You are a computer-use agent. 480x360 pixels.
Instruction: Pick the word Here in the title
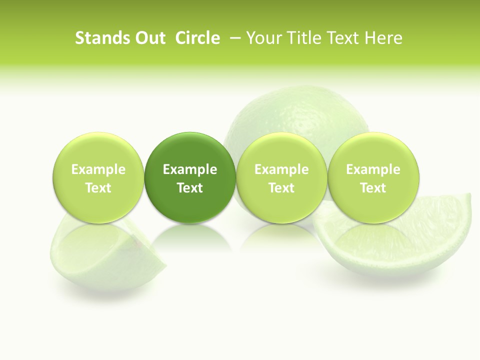click(383, 38)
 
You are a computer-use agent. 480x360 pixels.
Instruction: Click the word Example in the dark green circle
click(190, 169)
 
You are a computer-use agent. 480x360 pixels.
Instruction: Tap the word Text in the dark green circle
click(190, 188)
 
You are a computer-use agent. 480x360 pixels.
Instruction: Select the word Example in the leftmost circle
click(98, 169)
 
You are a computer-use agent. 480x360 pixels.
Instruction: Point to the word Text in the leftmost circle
click(98, 188)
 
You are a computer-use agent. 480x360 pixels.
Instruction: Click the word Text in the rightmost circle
click(373, 188)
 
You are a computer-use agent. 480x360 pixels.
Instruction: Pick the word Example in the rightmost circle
click(373, 169)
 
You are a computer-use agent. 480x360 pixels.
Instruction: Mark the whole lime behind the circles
click(297, 120)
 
